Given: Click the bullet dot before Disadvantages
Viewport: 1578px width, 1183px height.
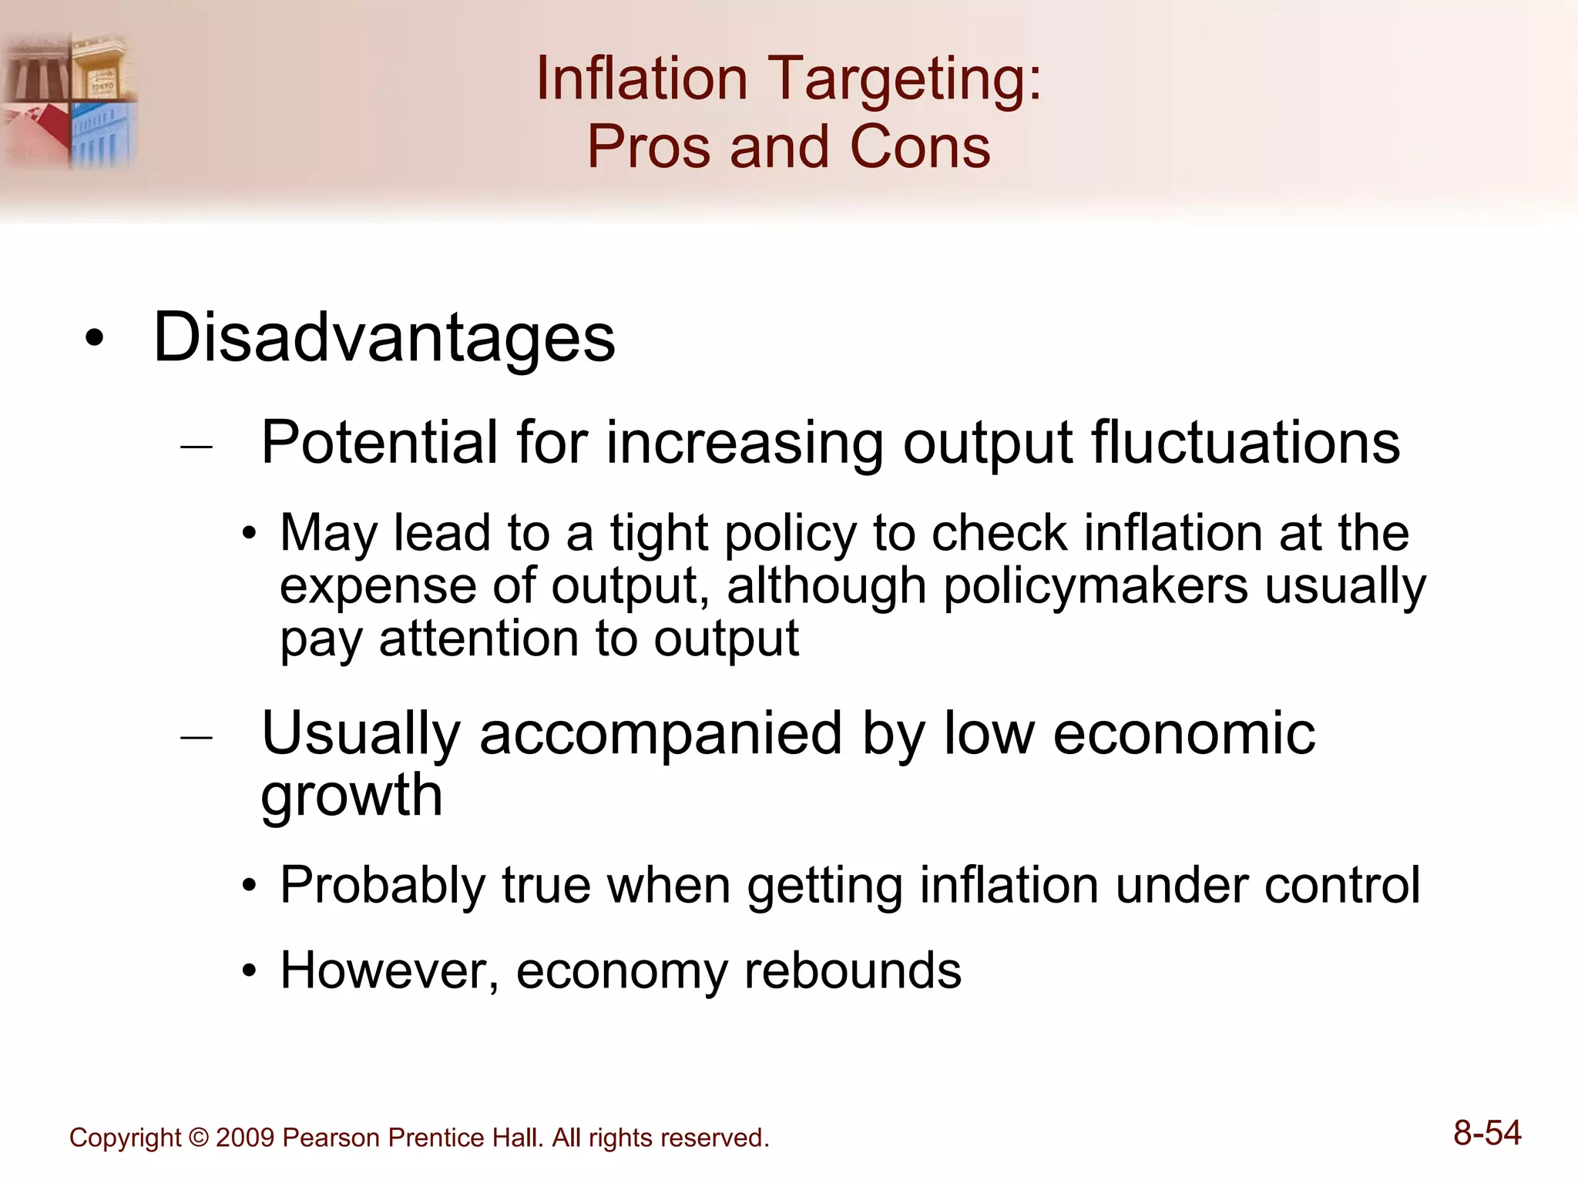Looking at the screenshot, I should [x=94, y=339].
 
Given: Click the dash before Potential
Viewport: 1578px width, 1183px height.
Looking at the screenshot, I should [x=196, y=446].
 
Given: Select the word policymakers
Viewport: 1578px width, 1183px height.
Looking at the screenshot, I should [x=1095, y=586].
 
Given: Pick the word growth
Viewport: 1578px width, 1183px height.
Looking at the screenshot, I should [x=351, y=796].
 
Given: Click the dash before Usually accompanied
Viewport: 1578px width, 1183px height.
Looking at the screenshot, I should [x=196, y=738].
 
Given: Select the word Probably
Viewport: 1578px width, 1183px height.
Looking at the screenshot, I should [x=382, y=885].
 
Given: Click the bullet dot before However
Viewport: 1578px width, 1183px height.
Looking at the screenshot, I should [x=248, y=972].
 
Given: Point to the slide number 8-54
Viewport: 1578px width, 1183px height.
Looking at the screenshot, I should [x=1487, y=1134].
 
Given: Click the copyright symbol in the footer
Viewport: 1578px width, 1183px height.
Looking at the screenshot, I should [x=199, y=1138].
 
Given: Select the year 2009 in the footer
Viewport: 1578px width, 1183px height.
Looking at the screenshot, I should [x=245, y=1138].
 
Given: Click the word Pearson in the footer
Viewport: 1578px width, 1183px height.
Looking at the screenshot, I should [x=331, y=1138].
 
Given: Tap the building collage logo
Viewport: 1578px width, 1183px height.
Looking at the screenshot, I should [x=69, y=100].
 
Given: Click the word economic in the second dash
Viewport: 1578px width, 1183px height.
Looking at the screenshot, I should [x=1183, y=733].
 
